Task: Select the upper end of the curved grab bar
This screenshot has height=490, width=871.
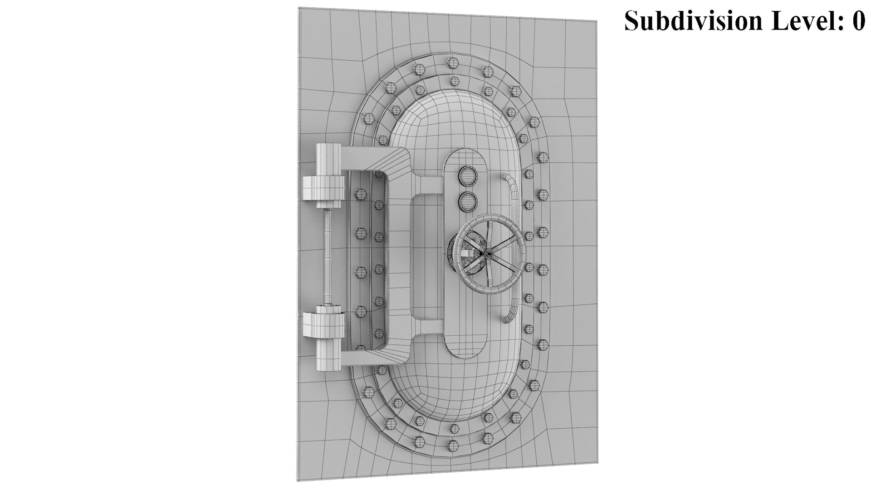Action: click(x=508, y=177)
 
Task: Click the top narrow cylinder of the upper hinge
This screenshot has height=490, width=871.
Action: click(x=328, y=159)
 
